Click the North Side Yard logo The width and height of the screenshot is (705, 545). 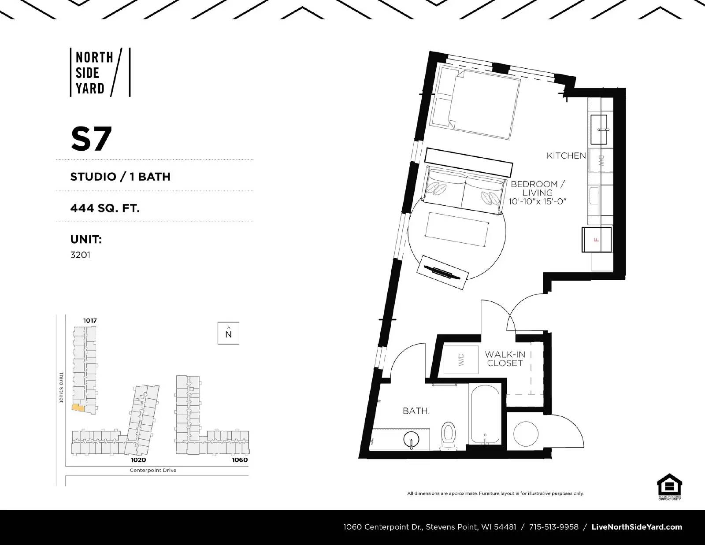(100, 73)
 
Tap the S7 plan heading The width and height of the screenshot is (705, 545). (91, 139)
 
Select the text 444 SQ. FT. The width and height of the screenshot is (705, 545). (105, 208)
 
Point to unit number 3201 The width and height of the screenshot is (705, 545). (80, 255)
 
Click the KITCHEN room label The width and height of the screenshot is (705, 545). (566, 156)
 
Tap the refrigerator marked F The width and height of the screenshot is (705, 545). (597, 240)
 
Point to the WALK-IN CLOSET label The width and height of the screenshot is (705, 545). (505, 359)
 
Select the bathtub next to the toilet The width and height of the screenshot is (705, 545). (485, 414)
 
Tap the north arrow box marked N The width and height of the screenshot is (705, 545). (228, 333)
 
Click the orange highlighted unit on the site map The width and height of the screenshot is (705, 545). (78, 408)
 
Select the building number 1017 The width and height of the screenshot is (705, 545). (90, 321)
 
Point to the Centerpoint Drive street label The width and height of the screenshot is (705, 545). (153, 470)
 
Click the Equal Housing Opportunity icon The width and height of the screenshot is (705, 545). (669, 486)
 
